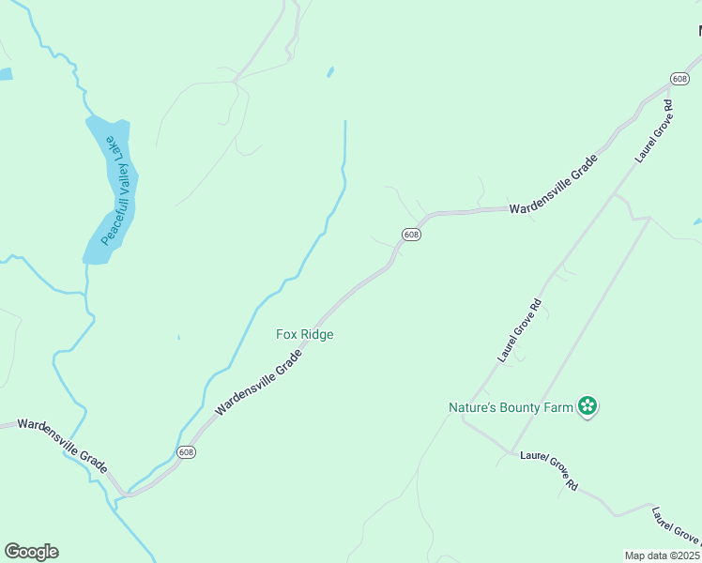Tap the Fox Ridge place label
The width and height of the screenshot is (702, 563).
tap(304, 334)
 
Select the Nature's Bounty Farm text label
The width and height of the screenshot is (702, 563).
tap(511, 407)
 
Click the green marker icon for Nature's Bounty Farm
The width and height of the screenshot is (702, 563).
tap(588, 406)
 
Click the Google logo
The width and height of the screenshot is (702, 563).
tap(31, 552)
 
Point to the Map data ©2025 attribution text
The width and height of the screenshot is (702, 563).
tap(663, 555)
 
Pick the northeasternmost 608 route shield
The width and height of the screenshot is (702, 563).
tap(680, 78)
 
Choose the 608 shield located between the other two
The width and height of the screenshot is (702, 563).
tap(411, 234)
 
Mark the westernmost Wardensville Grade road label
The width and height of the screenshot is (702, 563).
tap(62, 445)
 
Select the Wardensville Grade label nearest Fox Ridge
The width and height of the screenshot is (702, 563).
tap(259, 382)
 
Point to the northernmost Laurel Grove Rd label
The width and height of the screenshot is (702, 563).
tap(655, 130)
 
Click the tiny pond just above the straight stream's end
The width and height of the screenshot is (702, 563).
tap(330, 72)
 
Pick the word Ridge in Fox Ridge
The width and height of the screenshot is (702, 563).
tap(316, 334)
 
